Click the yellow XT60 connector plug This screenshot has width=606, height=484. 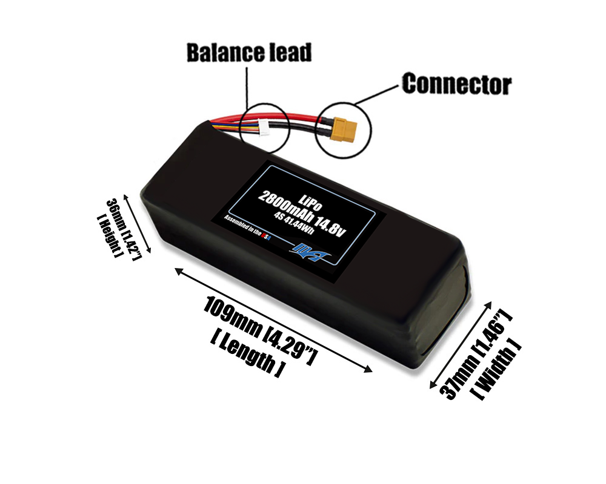coord(343,129)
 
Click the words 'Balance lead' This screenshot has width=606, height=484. coord(248,53)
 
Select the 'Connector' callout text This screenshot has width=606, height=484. coord(456,84)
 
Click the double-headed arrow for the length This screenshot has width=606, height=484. coord(273,321)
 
